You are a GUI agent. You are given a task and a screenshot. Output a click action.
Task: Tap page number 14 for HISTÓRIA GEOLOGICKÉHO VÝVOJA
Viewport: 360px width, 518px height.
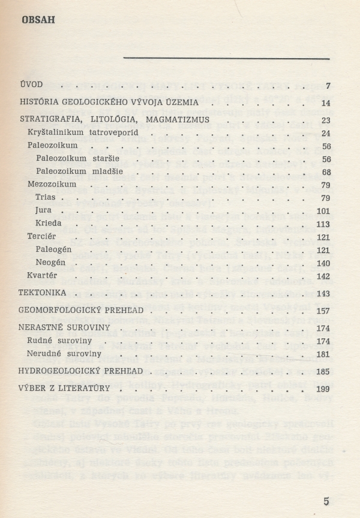pos(326,103)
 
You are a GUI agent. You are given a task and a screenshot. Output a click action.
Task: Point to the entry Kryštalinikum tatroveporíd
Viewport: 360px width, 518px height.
pos(74,132)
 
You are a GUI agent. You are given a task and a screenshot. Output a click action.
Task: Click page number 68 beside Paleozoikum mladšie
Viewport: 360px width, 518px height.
pos(326,172)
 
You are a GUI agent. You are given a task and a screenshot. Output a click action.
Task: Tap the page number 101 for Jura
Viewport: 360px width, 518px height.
pos(323,210)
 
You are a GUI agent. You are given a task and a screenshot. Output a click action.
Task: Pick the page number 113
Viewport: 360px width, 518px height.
pos(323,224)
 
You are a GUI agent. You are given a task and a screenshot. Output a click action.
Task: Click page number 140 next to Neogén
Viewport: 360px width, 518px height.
pos(323,263)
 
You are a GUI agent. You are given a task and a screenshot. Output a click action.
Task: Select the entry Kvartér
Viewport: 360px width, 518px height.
pos(41,276)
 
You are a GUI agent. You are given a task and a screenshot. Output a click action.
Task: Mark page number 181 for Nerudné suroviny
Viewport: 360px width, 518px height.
pos(323,354)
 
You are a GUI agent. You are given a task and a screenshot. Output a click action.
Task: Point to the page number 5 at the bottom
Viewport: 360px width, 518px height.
pos(326,501)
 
